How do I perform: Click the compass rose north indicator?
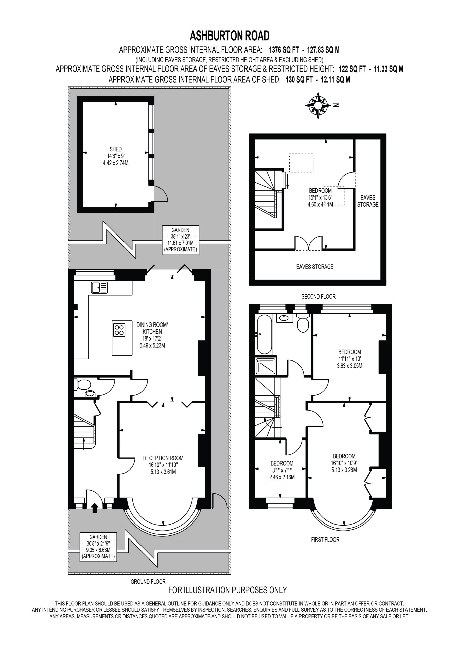318,105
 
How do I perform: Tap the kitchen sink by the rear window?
99,288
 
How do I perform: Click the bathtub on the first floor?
264,334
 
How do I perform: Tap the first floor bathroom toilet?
303,324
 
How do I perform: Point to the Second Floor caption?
319,297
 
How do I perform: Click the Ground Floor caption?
148,582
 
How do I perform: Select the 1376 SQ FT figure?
284,50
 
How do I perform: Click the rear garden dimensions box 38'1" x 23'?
181,240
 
